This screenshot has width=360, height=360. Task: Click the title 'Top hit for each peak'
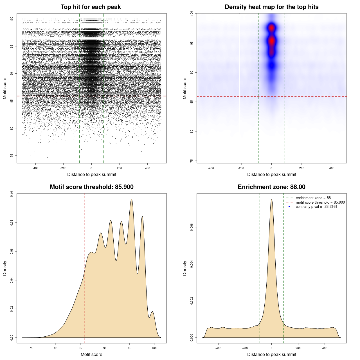[x=91, y=7]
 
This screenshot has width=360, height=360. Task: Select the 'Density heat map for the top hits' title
[x=271, y=7]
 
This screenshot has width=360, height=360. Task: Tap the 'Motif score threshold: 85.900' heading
[x=91, y=187]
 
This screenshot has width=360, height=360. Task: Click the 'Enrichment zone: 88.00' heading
[x=271, y=187]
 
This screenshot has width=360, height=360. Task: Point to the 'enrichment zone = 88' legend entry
[x=313, y=198]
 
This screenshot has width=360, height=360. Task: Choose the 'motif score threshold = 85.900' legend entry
[x=320, y=202]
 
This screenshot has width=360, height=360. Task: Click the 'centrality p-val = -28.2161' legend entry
[x=316, y=207]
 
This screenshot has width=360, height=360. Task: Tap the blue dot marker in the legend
[x=289, y=207]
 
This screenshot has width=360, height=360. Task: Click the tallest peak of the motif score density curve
[x=131, y=199]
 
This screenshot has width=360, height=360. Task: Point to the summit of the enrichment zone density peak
[x=271, y=199]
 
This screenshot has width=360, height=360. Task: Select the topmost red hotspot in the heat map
[x=271, y=28]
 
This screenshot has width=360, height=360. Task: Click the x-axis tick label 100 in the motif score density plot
[x=154, y=348]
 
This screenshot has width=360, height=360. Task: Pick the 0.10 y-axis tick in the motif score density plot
[x=12, y=194]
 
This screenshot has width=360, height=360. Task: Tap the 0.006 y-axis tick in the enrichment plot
[x=192, y=227]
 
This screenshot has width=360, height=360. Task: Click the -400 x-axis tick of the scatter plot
[x=35, y=168]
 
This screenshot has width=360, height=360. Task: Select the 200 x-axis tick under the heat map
[x=301, y=168]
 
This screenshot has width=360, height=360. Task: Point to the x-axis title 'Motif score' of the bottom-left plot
[x=91, y=354]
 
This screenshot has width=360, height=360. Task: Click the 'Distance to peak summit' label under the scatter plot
[x=92, y=174]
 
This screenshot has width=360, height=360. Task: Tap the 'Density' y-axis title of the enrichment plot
[x=185, y=268]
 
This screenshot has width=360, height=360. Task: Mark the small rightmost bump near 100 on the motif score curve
[x=152, y=312]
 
